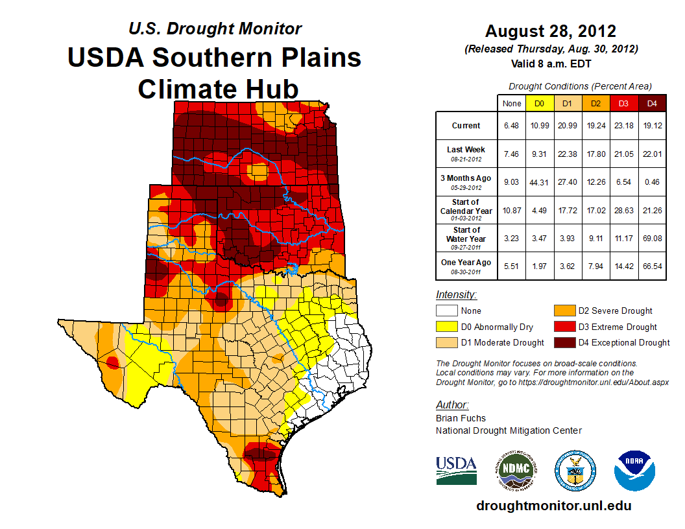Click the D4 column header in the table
pyautogui.click(x=652, y=103)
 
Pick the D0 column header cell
pyautogui.click(x=539, y=103)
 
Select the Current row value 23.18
pyautogui.click(x=623, y=126)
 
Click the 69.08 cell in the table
pyautogui.click(x=652, y=237)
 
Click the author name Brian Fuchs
pyautogui.click(x=461, y=418)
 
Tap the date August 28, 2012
pyautogui.click(x=551, y=31)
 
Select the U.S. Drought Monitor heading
pyautogui.click(x=215, y=29)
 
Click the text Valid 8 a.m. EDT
pyautogui.click(x=551, y=63)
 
